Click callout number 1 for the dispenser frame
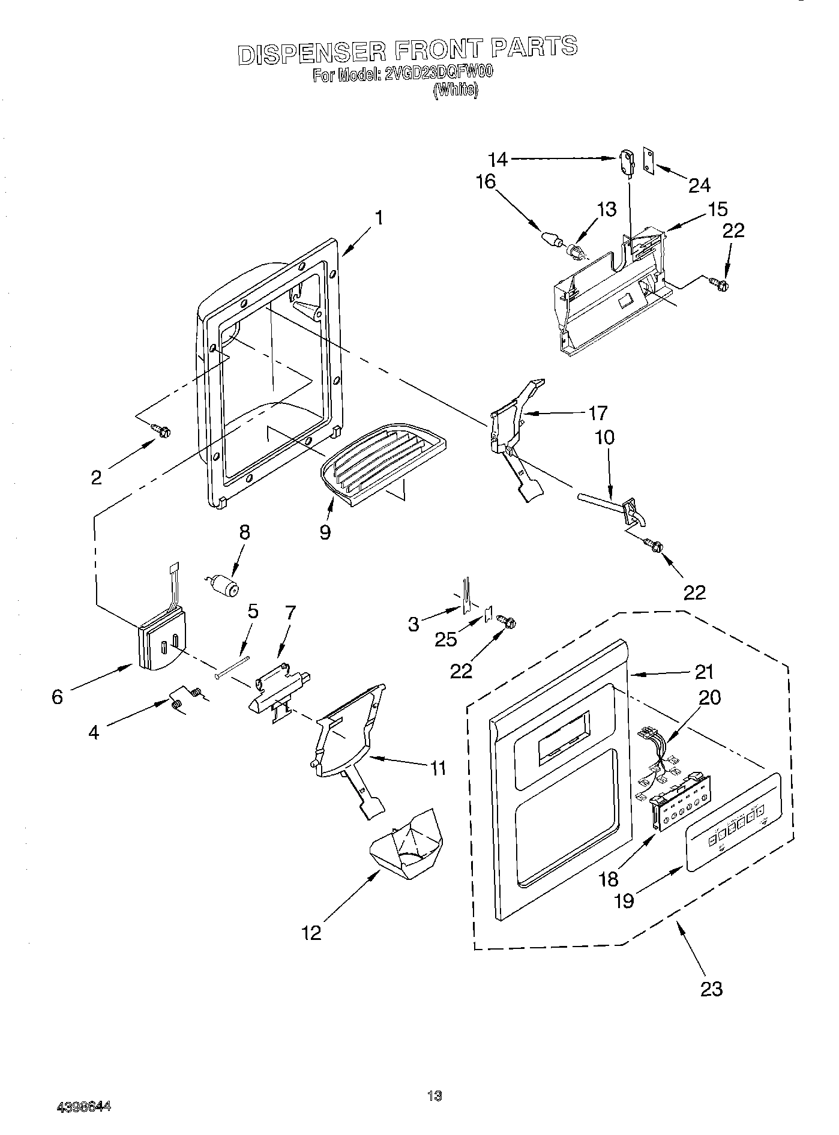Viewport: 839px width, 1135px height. (379, 217)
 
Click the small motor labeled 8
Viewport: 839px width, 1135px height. (223, 585)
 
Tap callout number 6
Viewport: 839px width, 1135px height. (57, 697)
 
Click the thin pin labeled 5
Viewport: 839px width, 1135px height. (233, 666)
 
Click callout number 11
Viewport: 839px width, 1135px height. (438, 768)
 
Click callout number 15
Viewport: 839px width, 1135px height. (717, 209)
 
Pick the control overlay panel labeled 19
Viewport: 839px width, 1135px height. (733, 822)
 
